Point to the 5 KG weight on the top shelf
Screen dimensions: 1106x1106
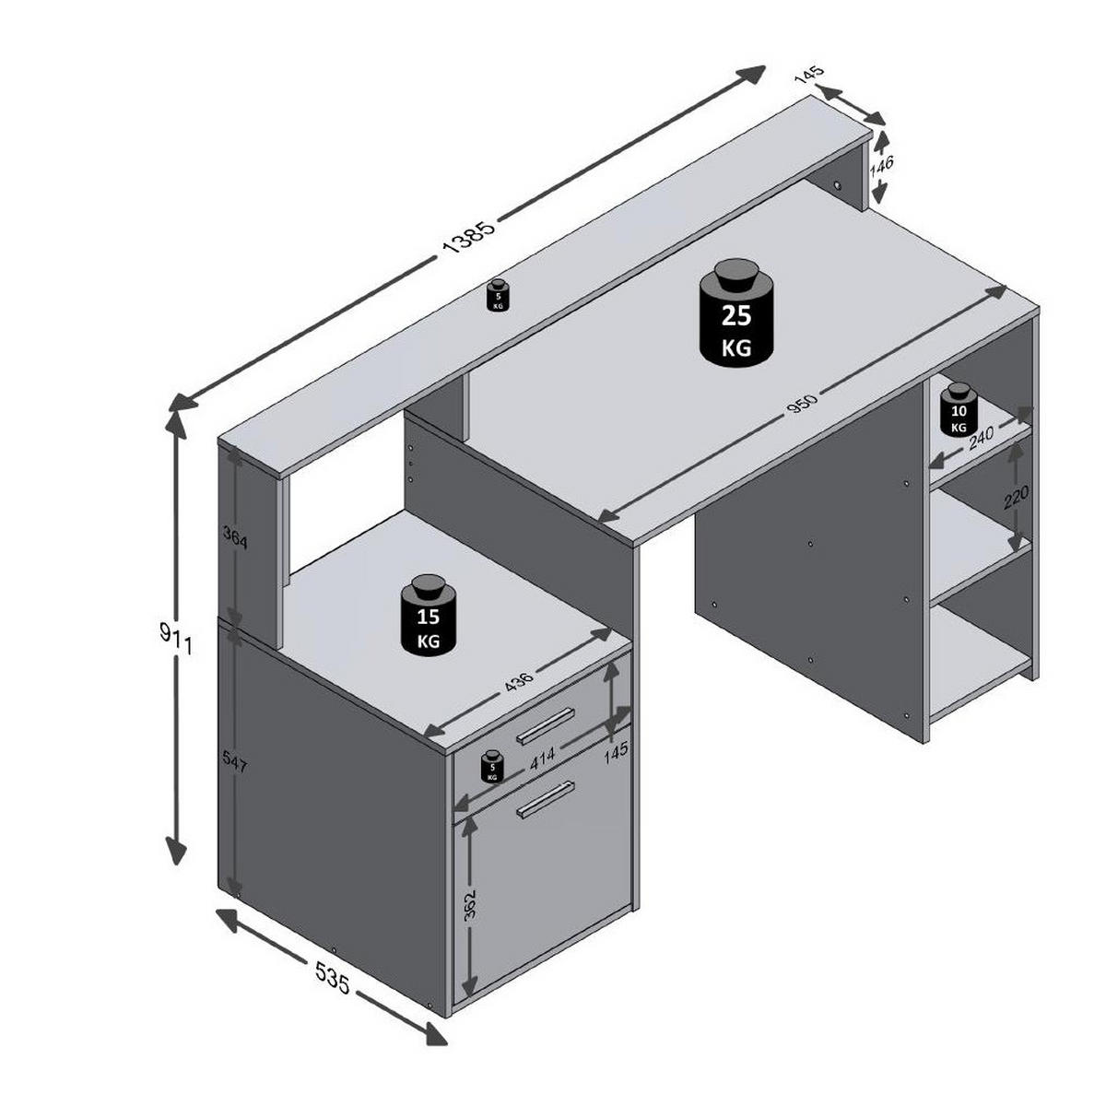click(498, 295)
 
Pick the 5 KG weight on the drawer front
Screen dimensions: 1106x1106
click(492, 767)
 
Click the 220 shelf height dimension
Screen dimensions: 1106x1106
click(1016, 499)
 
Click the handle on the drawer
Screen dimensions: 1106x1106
click(546, 726)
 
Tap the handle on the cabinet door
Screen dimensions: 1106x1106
click(546, 799)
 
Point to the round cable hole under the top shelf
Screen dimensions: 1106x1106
click(839, 187)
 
